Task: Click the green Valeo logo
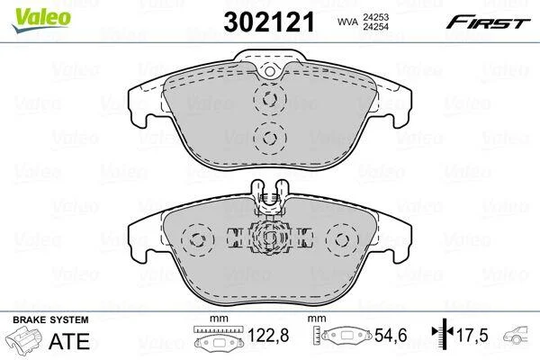(41, 20)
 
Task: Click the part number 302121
(269, 22)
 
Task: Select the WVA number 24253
(375, 17)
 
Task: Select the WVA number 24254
(375, 26)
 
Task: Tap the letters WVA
(347, 22)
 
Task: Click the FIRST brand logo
(488, 22)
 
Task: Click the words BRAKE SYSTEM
(50, 319)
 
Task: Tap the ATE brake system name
(69, 341)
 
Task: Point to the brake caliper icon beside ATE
(22, 340)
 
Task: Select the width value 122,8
(268, 335)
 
